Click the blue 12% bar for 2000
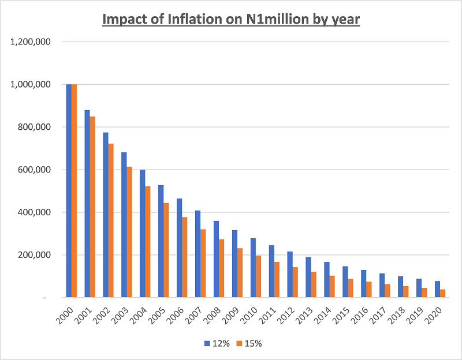point(69,190)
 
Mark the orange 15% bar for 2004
point(148,242)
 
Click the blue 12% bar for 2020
point(437,289)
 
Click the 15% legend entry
point(248,343)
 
